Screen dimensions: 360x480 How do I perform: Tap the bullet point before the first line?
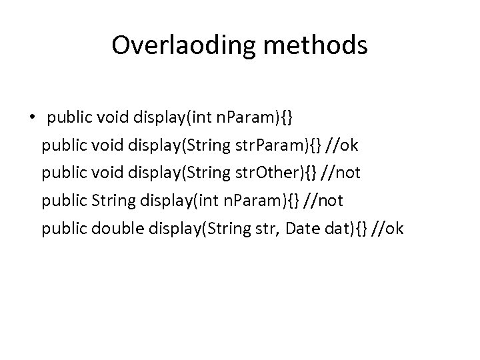(x=31, y=119)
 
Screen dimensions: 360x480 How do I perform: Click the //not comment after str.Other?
(x=341, y=173)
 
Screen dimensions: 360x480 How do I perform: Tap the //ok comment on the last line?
(x=389, y=229)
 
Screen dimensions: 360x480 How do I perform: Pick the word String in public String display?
(x=105, y=201)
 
